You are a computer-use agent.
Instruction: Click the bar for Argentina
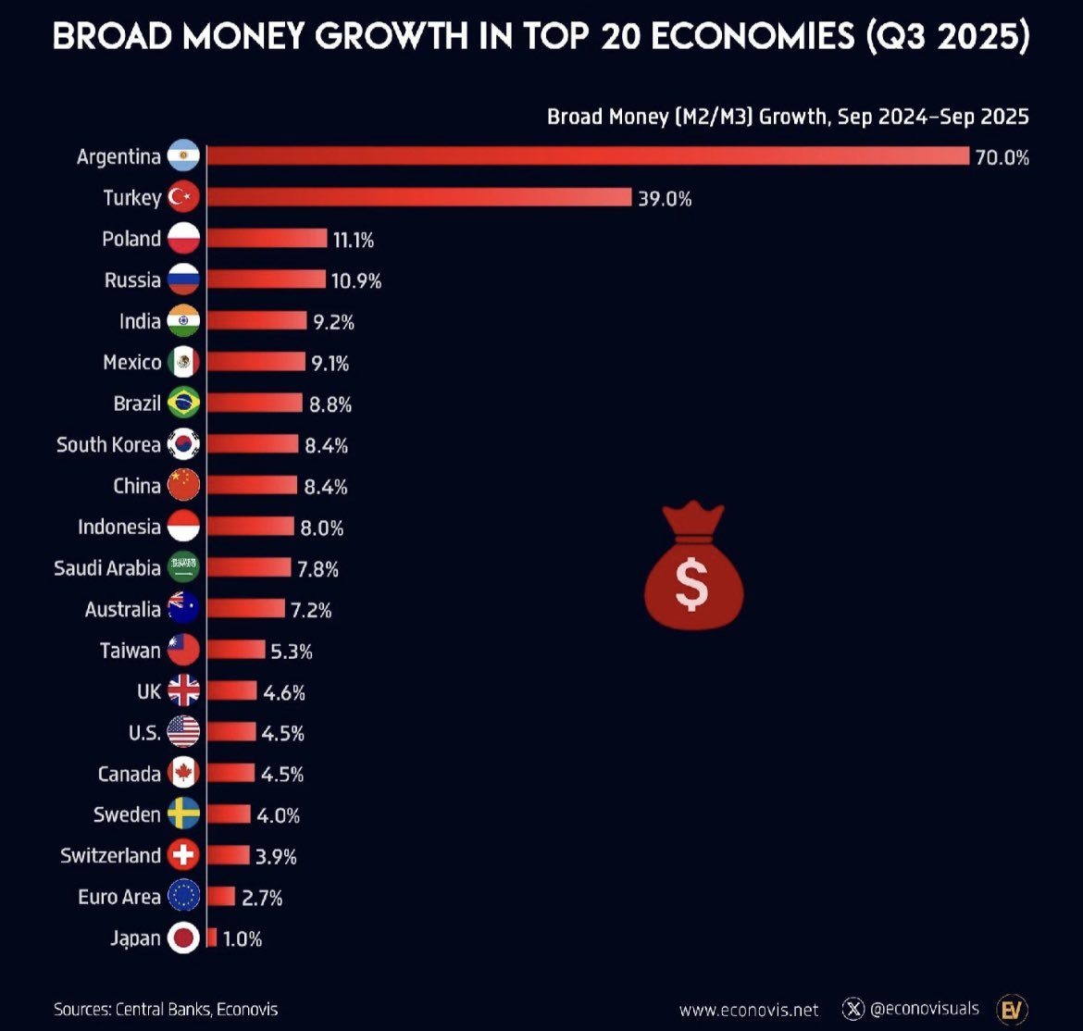(x=588, y=156)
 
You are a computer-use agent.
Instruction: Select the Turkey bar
(x=419, y=197)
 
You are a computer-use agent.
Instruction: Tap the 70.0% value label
(x=1002, y=157)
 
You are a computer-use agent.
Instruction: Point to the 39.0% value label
(x=665, y=198)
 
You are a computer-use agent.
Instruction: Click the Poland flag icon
(x=183, y=239)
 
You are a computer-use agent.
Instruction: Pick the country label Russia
(x=132, y=279)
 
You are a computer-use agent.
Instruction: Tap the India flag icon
(x=183, y=321)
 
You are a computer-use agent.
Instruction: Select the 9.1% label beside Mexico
(x=330, y=363)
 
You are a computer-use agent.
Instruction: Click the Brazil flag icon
(x=183, y=404)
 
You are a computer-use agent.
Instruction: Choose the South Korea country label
(x=108, y=444)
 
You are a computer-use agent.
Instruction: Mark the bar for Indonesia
(x=251, y=527)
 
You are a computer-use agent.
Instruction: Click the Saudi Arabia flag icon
(x=183, y=567)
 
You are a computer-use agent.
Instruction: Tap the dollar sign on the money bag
(x=692, y=584)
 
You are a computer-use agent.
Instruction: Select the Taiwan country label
(x=131, y=651)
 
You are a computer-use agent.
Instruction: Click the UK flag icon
(x=183, y=690)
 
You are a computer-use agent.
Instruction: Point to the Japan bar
(x=212, y=938)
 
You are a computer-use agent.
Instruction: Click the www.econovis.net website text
(x=749, y=1010)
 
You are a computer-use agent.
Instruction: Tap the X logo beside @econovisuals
(x=853, y=1009)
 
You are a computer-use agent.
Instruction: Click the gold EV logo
(x=1012, y=1009)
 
